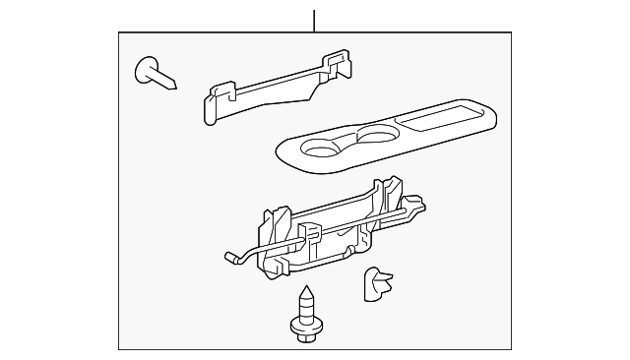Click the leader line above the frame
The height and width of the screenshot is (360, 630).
tap(314, 20)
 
